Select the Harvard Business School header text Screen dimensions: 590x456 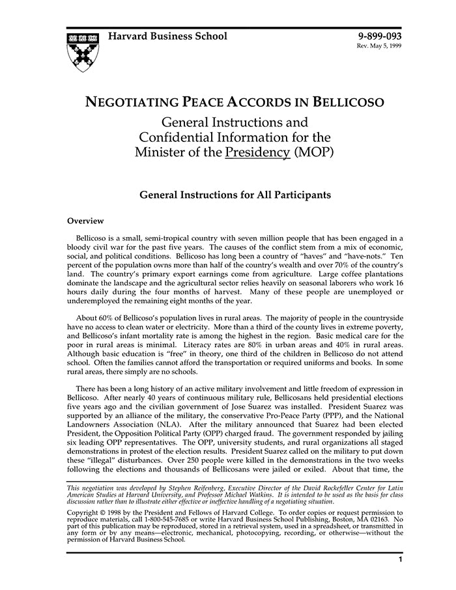tap(167, 36)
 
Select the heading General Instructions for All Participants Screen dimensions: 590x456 tap(235, 195)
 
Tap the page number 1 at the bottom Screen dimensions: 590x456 tap(401, 559)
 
